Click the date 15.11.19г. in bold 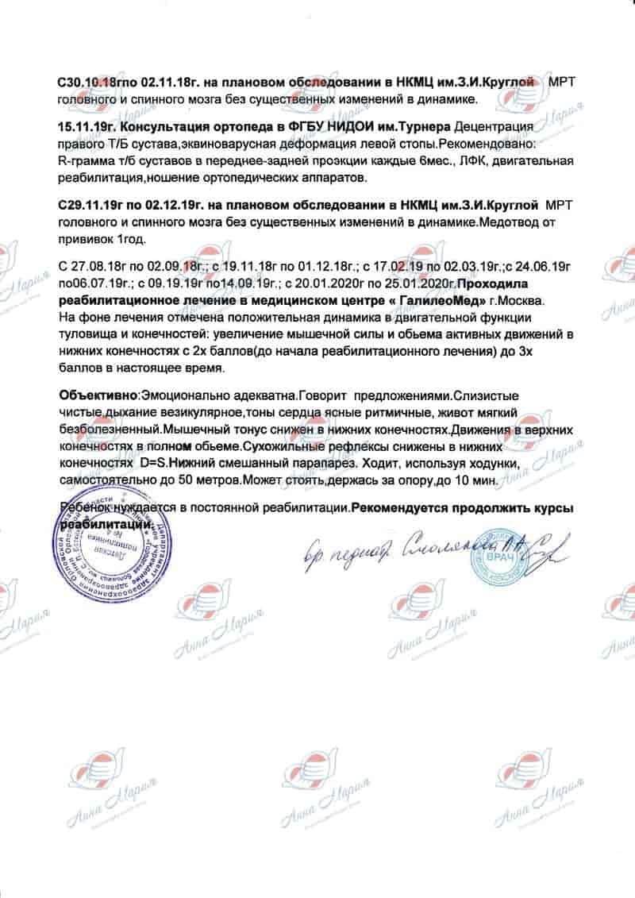pyautogui.click(x=90, y=128)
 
